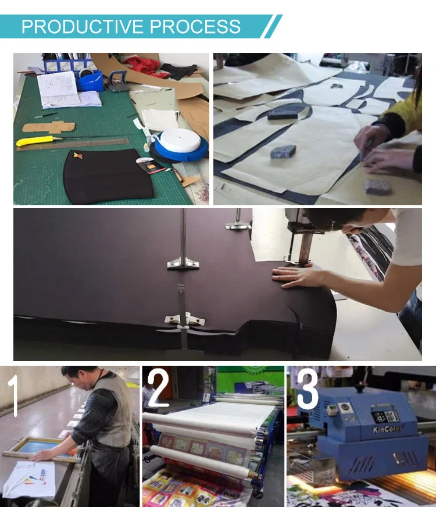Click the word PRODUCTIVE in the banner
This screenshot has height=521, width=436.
tap(83, 27)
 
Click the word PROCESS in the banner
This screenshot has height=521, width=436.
tap(195, 27)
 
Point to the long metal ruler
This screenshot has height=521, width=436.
tap(73, 144)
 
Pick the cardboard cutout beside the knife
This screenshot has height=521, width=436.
tap(48, 127)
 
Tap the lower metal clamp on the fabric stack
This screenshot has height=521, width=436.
tap(185, 320)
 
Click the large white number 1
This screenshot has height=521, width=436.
tap(13, 395)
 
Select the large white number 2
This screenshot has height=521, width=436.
tap(158, 390)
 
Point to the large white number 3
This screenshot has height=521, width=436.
tap(307, 390)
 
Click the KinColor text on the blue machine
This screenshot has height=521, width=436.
tap(388, 429)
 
